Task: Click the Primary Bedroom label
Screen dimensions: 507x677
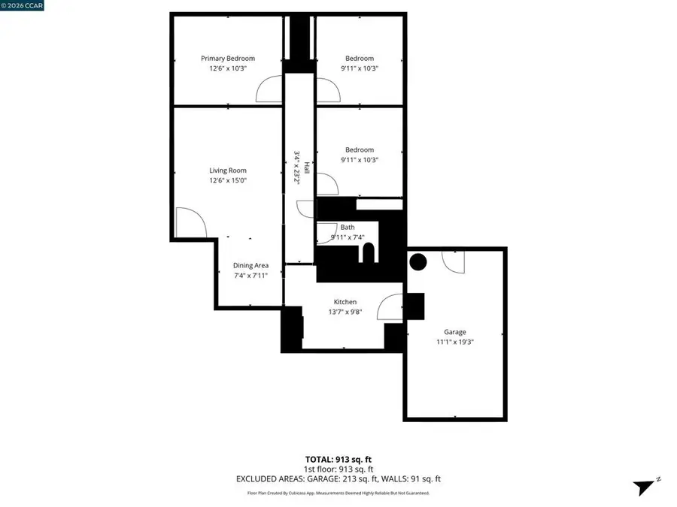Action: tap(227, 59)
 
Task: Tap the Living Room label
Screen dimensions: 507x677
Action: tap(227, 171)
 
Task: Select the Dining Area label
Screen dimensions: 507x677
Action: tap(250, 265)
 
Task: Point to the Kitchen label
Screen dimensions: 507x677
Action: tap(345, 302)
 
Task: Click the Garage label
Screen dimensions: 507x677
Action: tap(455, 332)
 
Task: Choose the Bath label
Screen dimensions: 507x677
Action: tap(348, 227)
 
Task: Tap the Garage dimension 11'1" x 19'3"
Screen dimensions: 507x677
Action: tap(455, 342)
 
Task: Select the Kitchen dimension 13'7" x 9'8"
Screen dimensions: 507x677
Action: tap(345, 312)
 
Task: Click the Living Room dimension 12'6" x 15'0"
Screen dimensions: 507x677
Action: tap(227, 180)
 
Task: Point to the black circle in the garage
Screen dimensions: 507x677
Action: tap(417, 262)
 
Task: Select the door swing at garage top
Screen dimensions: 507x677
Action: tap(454, 260)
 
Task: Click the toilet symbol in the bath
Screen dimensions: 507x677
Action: tap(368, 254)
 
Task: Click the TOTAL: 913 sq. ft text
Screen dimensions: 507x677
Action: tap(338, 459)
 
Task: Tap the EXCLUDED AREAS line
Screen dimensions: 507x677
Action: tap(338, 478)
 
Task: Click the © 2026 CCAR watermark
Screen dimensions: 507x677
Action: tap(23, 5)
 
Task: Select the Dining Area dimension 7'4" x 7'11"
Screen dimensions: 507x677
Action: tap(250, 276)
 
